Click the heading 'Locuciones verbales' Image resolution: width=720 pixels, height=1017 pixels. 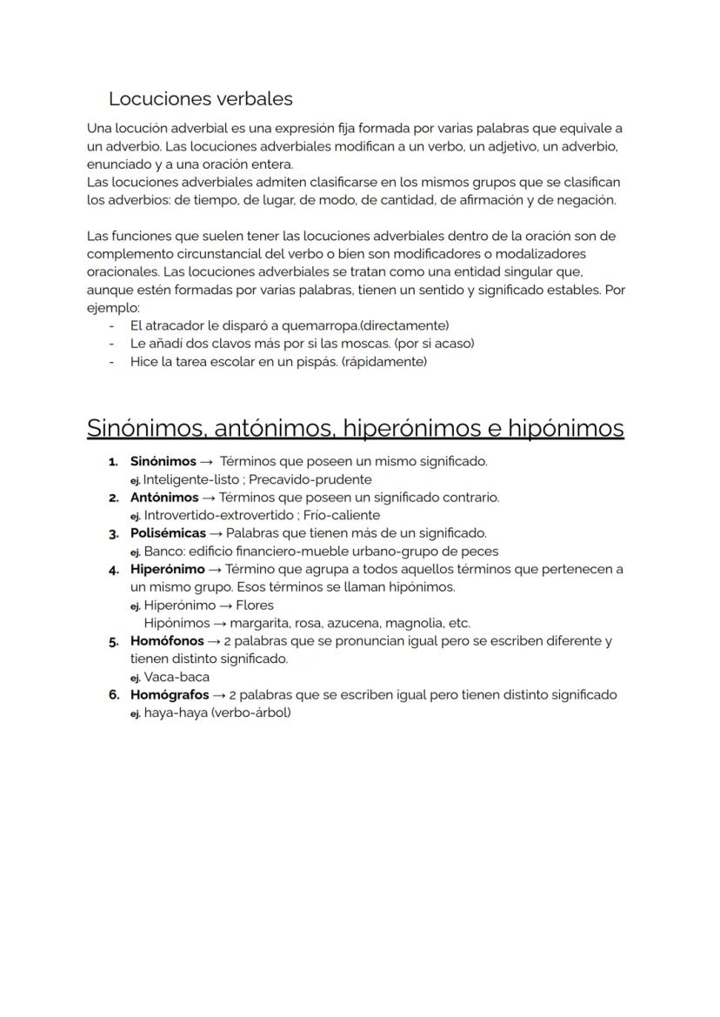(200, 99)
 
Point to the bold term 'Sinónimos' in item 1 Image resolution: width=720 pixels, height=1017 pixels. (163, 461)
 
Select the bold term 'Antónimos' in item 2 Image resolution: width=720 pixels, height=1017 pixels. (163, 498)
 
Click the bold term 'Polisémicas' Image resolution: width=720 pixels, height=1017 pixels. (168, 533)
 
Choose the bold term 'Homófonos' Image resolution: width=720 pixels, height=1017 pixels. (167, 641)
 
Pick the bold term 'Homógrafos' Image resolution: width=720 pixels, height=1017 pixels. (170, 695)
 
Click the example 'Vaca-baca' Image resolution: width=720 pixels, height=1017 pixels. (177, 677)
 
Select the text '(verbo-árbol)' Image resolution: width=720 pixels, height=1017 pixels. (250, 713)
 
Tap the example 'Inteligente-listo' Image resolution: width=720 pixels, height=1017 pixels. (191, 479)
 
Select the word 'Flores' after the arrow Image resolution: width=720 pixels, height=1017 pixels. (255, 606)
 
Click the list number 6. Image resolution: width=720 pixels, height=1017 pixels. (113, 695)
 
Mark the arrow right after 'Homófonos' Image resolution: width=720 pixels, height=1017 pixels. (212, 641)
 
